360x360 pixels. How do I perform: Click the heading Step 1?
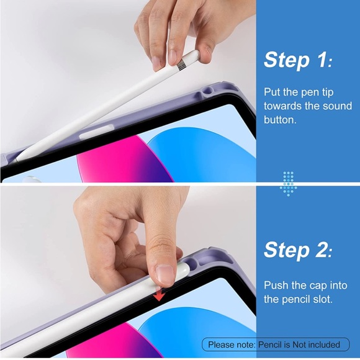coord(298,60)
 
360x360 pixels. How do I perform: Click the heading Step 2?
coord(298,250)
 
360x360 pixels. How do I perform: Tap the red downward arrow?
coord(159,295)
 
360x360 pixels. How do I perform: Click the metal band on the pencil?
coord(181,64)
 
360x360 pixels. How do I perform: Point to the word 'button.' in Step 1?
coord(280,120)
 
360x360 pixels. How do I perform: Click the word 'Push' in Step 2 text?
coord(276,286)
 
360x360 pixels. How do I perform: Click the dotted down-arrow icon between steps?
coord(289,184)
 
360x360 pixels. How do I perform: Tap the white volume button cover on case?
coord(97,132)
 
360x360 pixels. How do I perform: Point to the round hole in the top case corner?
coord(207,91)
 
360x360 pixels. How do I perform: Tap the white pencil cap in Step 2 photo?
coord(183,271)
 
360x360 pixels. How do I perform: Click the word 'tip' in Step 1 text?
coord(326,92)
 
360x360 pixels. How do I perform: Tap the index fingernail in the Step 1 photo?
coord(172,57)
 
